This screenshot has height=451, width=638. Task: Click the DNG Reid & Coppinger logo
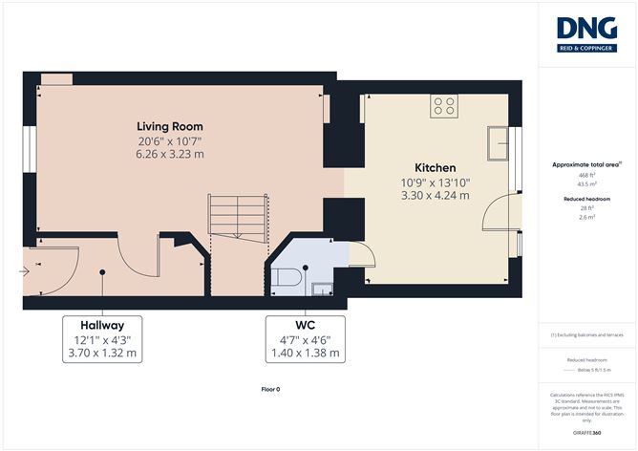[586, 35]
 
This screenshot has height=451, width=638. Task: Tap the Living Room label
[169, 126]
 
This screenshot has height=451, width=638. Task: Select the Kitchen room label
[435, 167]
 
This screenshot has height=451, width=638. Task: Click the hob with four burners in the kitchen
[444, 106]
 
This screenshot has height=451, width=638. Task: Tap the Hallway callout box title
[101, 325]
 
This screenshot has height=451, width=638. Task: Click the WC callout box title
[303, 325]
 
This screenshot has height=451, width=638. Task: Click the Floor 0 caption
[270, 390]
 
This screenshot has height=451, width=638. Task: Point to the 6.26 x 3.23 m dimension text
[169, 154]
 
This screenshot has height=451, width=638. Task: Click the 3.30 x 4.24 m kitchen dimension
[435, 195]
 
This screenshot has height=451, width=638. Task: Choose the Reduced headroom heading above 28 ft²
[587, 199]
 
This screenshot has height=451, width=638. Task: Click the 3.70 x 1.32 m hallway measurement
[101, 353]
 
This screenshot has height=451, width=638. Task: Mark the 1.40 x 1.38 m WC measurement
[303, 353]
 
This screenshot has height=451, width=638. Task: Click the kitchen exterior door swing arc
[499, 215]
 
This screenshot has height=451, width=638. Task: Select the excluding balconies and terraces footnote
[587, 335]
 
